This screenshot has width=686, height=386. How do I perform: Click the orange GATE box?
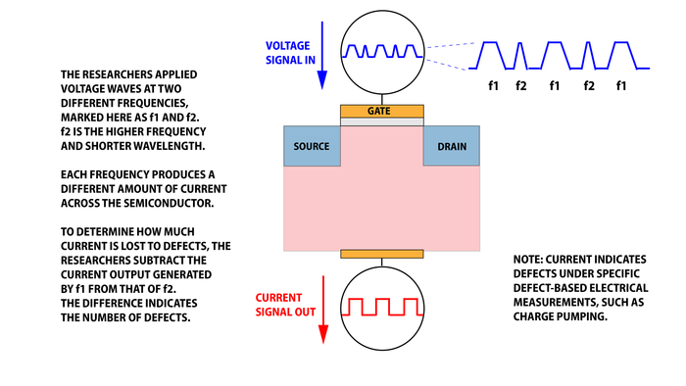pyautogui.click(x=382, y=113)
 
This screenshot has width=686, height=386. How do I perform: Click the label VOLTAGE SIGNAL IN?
pyautogui.click(x=290, y=50)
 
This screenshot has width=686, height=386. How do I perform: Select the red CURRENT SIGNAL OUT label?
pyautogui.click(x=286, y=305)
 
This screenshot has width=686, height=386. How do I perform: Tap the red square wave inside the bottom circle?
pyautogui.click(x=382, y=306)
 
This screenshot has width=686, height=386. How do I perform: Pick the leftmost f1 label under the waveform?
pyautogui.click(x=494, y=86)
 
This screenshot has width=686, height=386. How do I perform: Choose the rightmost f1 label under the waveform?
pyautogui.click(x=621, y=86)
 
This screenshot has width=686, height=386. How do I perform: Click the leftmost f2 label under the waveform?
pyautogui.click(x=522, y=86)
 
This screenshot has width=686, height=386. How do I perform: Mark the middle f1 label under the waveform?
pyautogui.click(x=556, y=86)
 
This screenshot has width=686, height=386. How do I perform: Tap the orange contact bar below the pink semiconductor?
pyautogui.click(x=382, y=255)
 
